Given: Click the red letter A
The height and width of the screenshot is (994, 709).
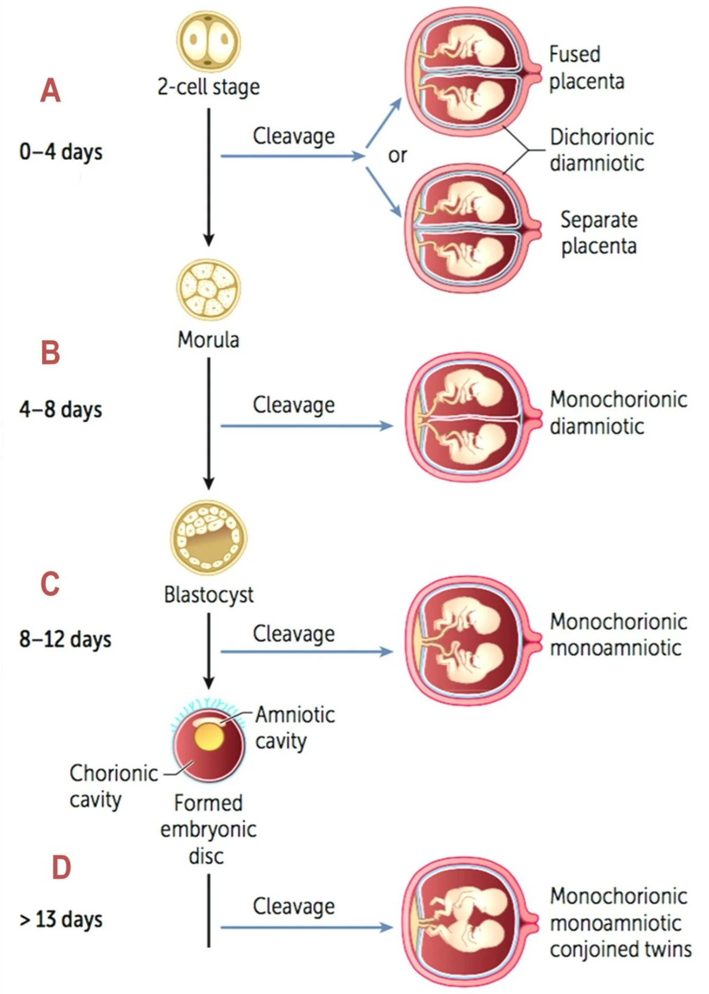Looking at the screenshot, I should pyautogui.click(x=51, y=90).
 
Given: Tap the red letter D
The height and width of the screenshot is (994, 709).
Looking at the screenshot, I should pyautogui.click(x=61, y=868).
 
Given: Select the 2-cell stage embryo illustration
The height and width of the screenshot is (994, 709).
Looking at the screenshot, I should pyautogui.click(x=208, y=42).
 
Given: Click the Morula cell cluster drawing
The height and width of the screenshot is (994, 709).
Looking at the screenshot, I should pyautogui.click(x=208, y=289).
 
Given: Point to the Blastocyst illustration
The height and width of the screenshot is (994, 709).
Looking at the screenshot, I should pyautogui.click(x=208, y=538).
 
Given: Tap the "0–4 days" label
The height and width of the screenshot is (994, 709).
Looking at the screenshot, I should pyautogui.click(x=61, y=152).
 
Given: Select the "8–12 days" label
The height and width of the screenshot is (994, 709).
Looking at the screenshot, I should pyautogui.click(x=65, y=639).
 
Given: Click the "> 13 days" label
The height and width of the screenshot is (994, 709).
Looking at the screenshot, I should pyautogui.click(x=61, y=920).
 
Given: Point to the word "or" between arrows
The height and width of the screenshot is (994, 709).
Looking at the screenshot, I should pyautogui.click(x=397, y=155).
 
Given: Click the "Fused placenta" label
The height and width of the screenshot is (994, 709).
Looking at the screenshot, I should pyautogui.click(x=586, y=68).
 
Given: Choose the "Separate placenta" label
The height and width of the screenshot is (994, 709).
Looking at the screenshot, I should pyautogui.click(x=598, y=233).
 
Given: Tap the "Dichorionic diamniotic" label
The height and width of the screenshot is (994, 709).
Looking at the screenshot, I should pyautogui.click(x=602, y=150).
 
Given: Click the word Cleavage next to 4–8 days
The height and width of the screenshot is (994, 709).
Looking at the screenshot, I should pyautogui.click(x=293, y=406).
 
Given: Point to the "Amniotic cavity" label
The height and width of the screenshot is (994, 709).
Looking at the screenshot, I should pyautogui.click(x=294, y=728).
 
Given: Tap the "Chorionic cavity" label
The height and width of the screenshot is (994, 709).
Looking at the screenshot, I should pyautogui.click(x=113, y=786).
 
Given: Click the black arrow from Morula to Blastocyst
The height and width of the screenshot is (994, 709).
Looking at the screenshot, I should pyautogui.click(x=209, y=423).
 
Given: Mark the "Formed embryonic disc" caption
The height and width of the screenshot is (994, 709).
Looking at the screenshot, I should pyautogui.click(x=208, y=829).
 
